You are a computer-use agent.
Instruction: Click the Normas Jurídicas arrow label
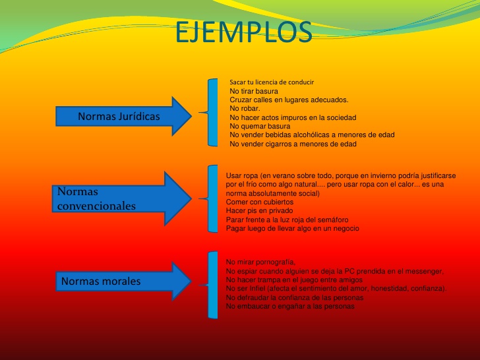click(x=119, y=116)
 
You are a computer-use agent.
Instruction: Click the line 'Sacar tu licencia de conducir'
click(x=271, y=82)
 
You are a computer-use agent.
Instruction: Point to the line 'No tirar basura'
click(x=254, y=91)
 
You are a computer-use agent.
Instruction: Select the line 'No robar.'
click(x=245, y=108)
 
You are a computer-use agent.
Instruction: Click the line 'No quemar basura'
click(x=260, y=126)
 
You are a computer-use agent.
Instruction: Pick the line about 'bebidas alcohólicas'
click(x=312, y=135)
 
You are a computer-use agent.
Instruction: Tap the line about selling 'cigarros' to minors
click(x=302, y=144)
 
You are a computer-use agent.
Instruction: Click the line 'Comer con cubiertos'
click(x=260, y=202)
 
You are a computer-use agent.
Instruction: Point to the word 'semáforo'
click(x=331, y=220)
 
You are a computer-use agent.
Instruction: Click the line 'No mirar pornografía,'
click(x=260, y=262)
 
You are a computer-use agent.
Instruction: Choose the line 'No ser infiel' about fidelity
click(x=336, y=289)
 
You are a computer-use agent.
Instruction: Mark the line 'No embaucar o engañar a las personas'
click(x=290, y=307)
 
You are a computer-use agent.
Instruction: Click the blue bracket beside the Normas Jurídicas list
click(x=212, y=112)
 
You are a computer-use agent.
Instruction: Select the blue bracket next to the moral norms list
click(x=211, y=284)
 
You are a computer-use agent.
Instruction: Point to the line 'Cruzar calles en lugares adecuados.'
click(x=289, y=100)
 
